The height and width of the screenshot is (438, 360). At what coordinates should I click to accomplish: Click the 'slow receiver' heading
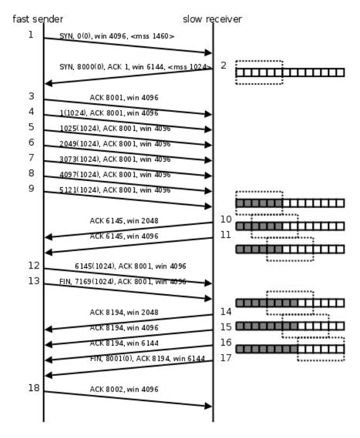[x=212, y=19]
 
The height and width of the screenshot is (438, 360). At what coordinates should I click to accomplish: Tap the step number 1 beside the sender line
[x=31, y=34]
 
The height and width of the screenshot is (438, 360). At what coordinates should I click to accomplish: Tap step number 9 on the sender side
[x=31, y=188]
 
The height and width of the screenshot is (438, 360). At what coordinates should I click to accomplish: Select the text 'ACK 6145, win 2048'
[x=124, y=220]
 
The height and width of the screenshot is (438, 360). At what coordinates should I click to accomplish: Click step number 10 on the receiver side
[x=225, y=219]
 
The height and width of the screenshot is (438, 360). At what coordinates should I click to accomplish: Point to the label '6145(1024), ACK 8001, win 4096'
[x=130, y=266]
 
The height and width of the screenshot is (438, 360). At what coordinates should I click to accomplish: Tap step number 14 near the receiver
[x=225, y=312]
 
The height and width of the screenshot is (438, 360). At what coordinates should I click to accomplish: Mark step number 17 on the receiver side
[x=225, y=357]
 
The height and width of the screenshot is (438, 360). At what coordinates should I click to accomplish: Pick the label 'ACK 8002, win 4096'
[x=124, y=389]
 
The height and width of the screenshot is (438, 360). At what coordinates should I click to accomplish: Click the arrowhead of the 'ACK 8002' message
[x=210, y=406]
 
